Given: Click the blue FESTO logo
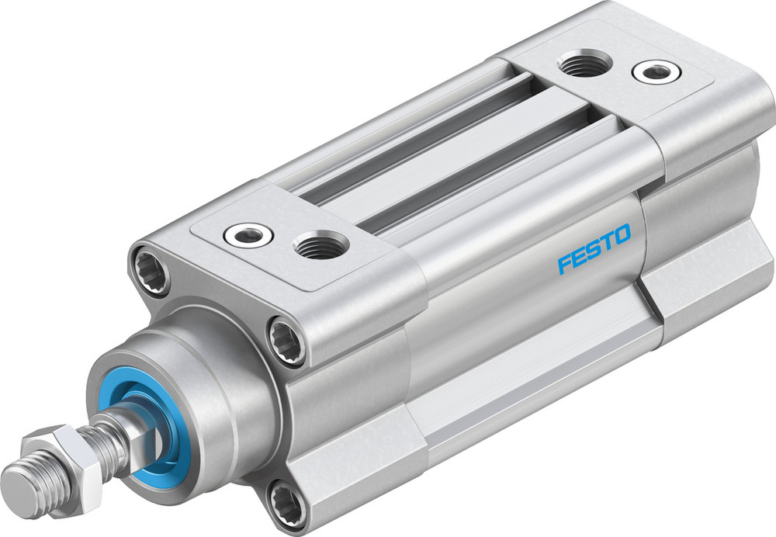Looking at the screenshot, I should coord(594,249).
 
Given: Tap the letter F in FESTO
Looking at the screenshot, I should coord(564,264).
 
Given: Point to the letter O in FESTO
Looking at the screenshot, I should coord(622,234).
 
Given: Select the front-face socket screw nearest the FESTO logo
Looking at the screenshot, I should coord(286,339).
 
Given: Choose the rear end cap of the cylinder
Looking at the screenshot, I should coord(698,194).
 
